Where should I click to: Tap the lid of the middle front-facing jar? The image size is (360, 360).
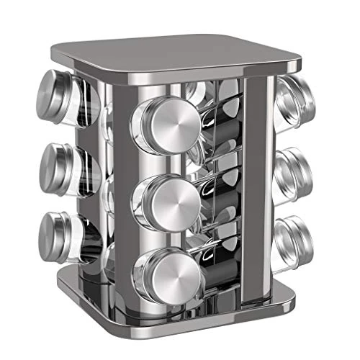(169, 198)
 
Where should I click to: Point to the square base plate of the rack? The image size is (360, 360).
(180, 317)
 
